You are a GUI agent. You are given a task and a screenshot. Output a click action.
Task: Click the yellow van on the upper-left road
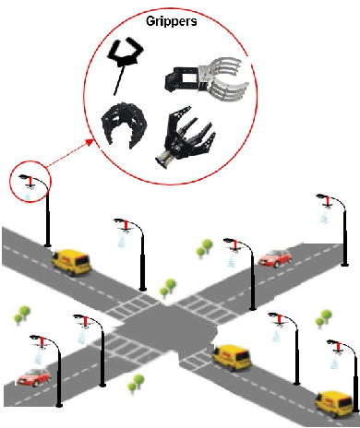click(72, 262)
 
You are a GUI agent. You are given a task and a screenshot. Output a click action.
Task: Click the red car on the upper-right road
click(274, 257)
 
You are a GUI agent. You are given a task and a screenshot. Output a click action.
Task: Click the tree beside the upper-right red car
click(205, 247)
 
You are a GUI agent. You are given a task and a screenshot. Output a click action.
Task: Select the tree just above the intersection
click(166, 292)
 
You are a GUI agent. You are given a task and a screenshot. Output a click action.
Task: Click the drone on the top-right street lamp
click(322, 199)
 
